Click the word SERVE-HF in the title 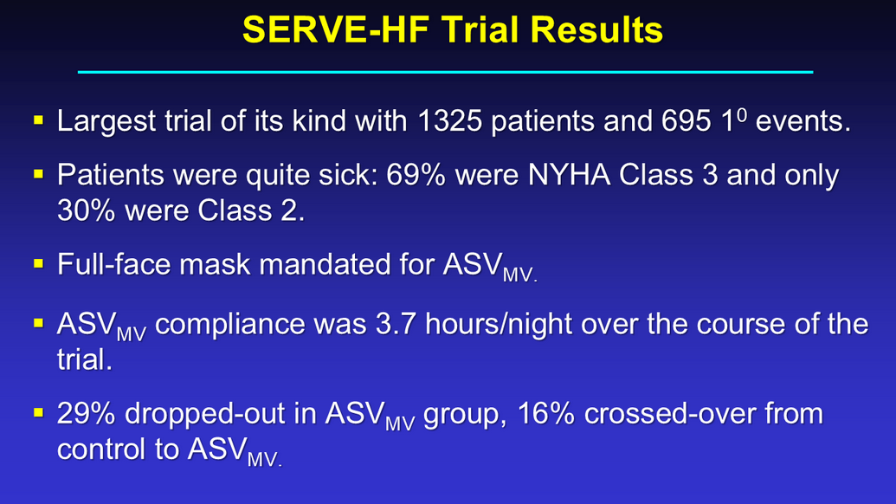[x=336, y=29]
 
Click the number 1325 [x=449, y=120]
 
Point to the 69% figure [x=416, y=174]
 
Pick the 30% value [x=87, y=210]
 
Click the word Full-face [x=113, y=264]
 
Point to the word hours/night [x=499, y=324]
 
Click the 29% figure [x=87, y=413]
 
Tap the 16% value [x=545, y=413]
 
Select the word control [x=101, y=449]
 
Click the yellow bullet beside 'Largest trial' [x=39, y=120]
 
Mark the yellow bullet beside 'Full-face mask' [x=39, y=263]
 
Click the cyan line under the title [x=445, y=72]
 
